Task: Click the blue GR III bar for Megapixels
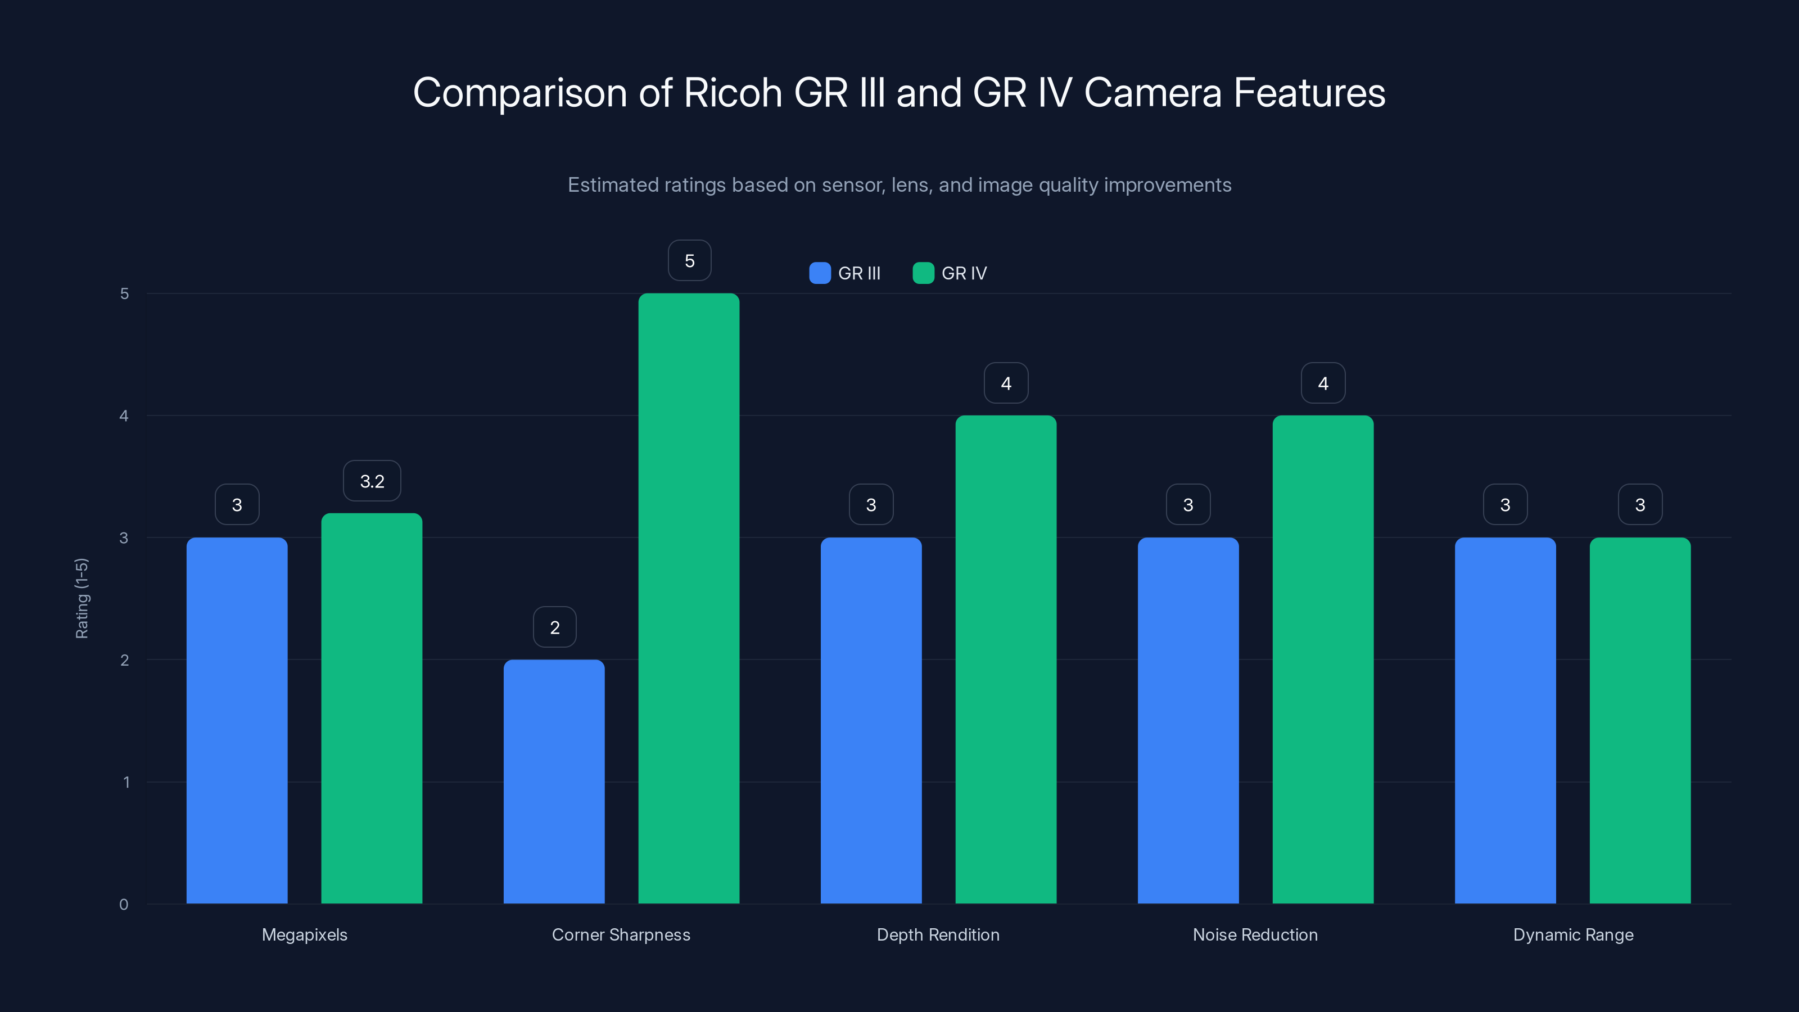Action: click(237, 720)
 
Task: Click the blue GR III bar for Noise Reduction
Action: click(1188, 720)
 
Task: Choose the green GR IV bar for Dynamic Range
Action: click(1640, 720)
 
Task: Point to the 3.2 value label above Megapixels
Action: click(372, 481)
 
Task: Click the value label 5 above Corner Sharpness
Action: click(689, 260)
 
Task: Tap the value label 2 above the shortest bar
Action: click(554, 627)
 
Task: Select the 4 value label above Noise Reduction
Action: click(1323, 383)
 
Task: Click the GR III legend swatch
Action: click(819, 273)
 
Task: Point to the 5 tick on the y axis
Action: click(124, 294)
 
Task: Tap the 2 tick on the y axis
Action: click(124, 660)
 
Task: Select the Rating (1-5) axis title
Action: click(82, 598)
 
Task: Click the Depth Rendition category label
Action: click(938, 934)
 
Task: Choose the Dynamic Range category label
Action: click(1573, 934)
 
